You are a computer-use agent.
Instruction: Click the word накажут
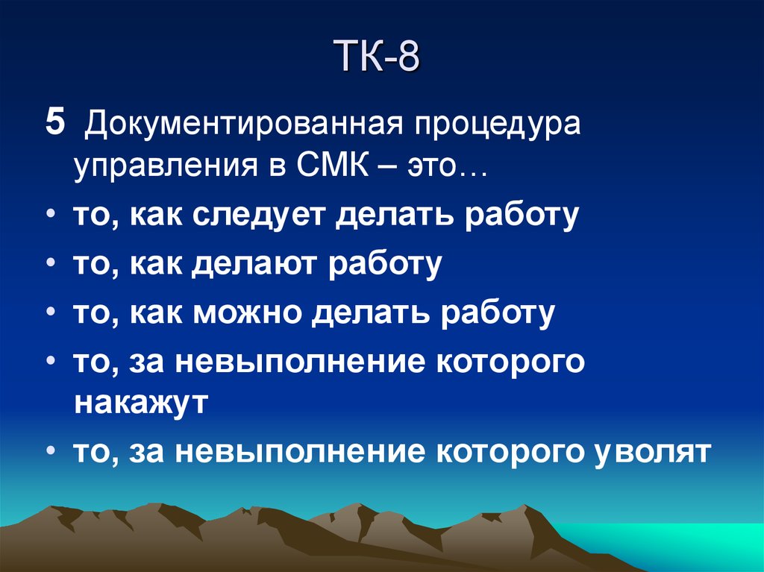pos(140,403)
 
